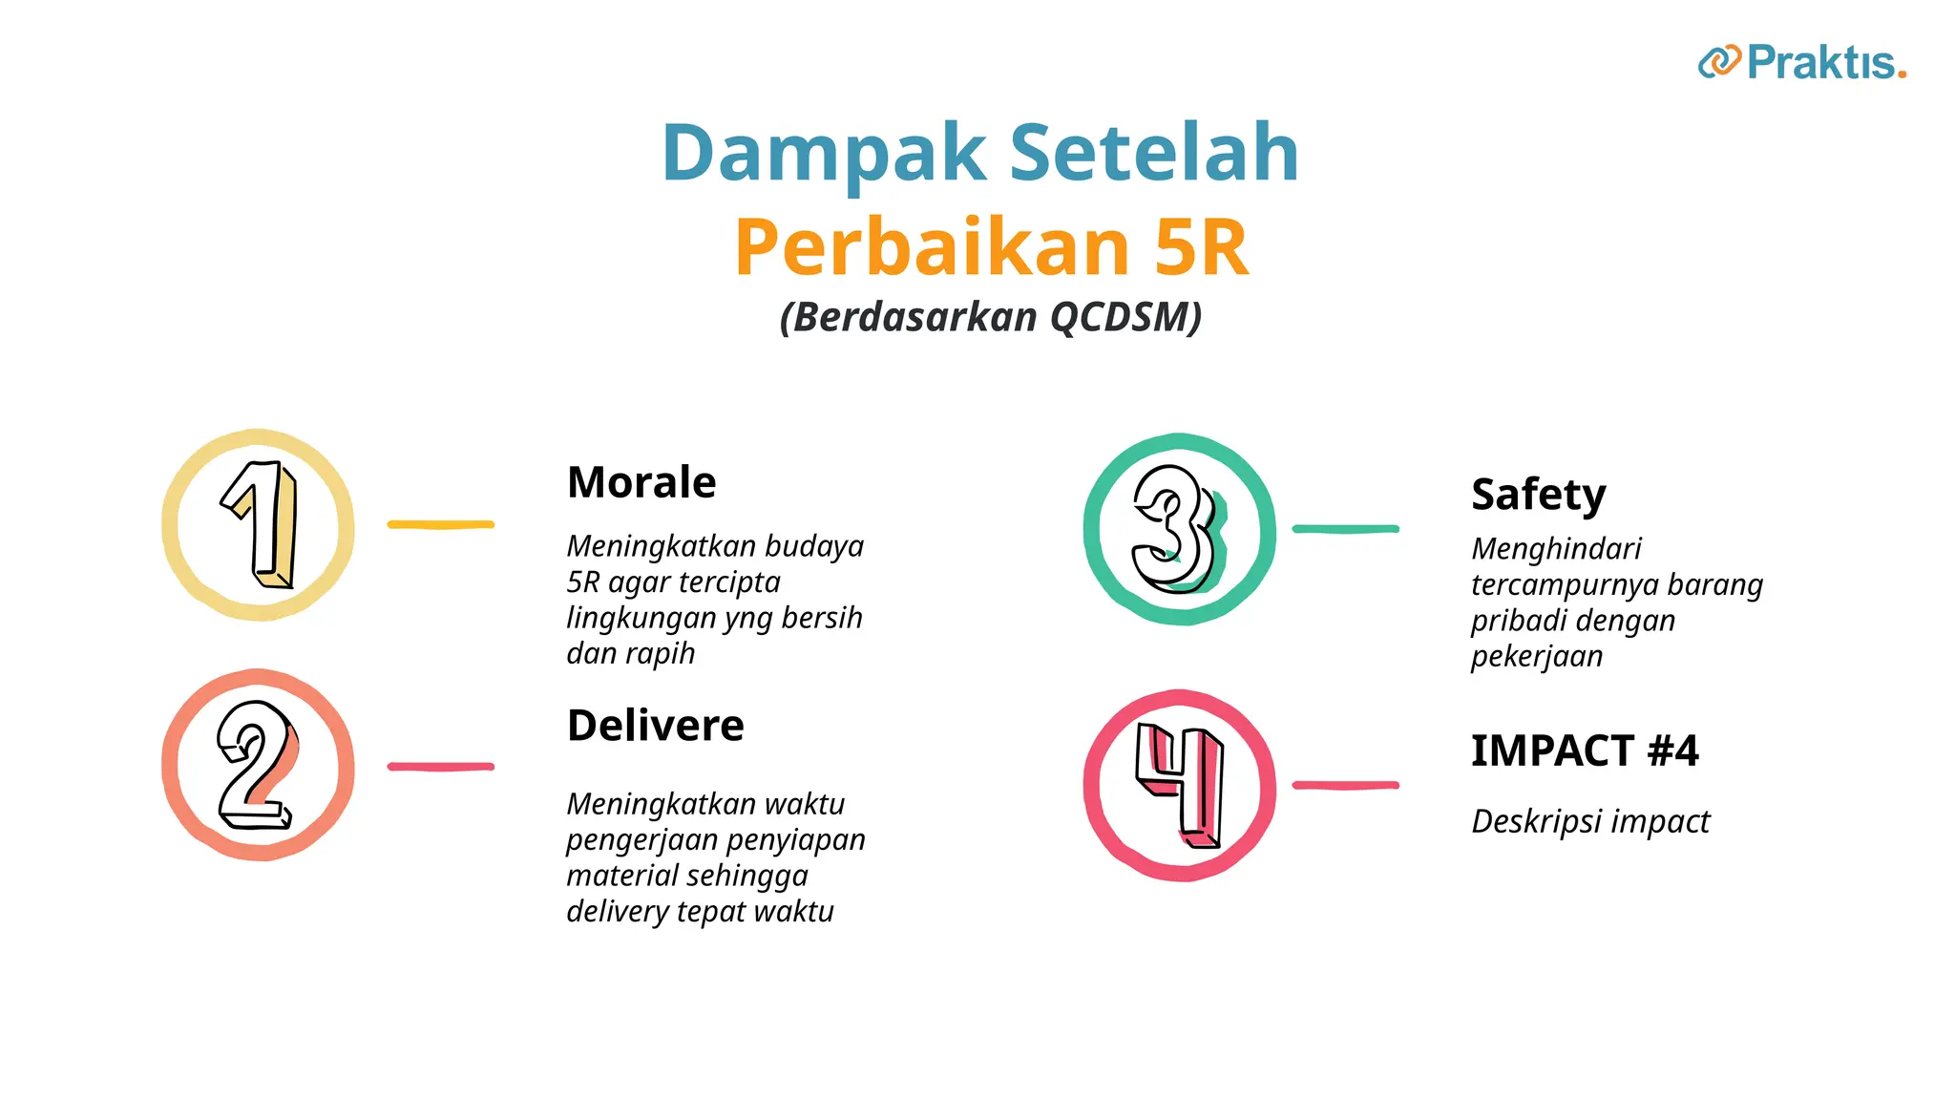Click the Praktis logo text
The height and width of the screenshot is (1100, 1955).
click(1825, 63)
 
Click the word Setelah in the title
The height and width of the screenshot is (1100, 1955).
click(1154, 153)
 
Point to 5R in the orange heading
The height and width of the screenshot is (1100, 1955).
click(1201, 247)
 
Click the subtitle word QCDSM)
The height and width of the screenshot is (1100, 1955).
click(1125, 317)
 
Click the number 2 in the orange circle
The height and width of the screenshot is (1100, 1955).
click(256, 765)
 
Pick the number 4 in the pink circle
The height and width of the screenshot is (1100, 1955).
click(1180, 785)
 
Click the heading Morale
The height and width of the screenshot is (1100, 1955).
click(641, 482)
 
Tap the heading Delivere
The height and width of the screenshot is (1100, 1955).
click(655, 726)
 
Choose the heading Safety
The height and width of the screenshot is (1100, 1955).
click(1538, 495)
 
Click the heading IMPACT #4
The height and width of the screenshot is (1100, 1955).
click(1585, 751)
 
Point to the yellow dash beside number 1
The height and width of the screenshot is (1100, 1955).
click(440, 524)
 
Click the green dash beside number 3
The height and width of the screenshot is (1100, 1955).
click(1345, 528)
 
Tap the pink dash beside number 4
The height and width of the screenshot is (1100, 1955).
click(1345, 785)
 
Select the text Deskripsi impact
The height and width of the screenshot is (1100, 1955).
click(1590, 821)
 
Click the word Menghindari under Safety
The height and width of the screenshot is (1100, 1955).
click(1556, 549)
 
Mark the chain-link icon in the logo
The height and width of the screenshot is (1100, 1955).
click(1719, 62)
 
